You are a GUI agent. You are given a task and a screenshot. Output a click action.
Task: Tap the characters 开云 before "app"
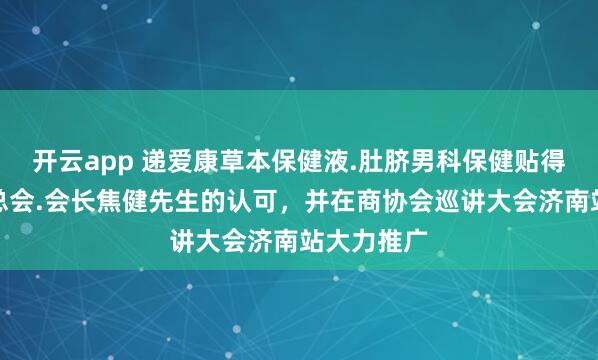pyautogui.click(x=56, y=160)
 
